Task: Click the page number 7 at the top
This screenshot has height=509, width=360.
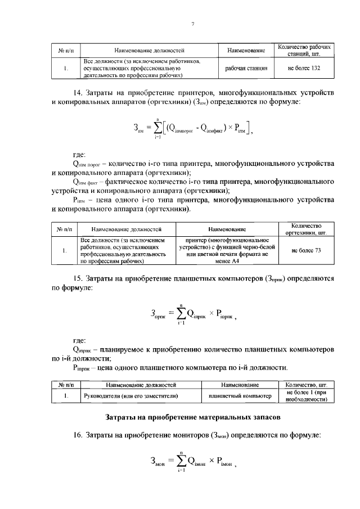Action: point(192,24)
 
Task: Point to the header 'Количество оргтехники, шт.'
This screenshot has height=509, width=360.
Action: point(306,228)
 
